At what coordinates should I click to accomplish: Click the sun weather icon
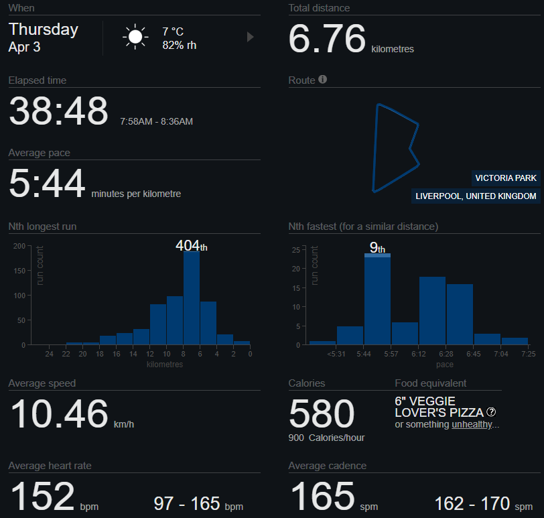(x=136, y=37)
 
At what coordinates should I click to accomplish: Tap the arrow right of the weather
(x=251, y=37)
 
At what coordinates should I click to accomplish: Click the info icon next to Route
(x=323, y=80)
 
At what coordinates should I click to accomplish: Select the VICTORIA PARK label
(x=506, y=178)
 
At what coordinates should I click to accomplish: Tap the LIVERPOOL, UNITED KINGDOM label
(x=476, y=196)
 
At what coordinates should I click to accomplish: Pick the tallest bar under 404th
(x=192, y=298)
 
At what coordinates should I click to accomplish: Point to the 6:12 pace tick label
(x=419, y=353)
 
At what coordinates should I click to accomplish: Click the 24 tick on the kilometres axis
(x=50, y=353)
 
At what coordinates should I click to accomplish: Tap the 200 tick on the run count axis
(x=20, y=247)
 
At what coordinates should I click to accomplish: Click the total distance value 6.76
(x=327, y=39)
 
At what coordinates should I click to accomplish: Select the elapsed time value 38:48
(x=58, y=111)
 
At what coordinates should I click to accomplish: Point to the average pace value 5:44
(x=47, y=184)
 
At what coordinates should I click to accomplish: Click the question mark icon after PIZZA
(x=491, y=412)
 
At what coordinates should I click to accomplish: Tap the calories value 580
(x=322, y=413)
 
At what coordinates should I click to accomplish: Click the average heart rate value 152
(x=42, y=497)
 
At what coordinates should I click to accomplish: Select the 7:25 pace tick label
(x=528, y=353)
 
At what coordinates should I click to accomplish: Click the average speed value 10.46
(x=58, y=413)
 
